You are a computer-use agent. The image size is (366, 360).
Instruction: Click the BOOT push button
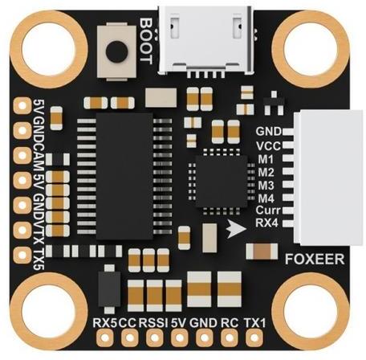click(x=116, y=51)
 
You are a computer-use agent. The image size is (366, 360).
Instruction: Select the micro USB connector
click(x=205, y=40)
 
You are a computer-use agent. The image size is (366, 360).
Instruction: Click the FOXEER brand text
click(x=315, y=259)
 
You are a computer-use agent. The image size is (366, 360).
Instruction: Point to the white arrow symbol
click(x=236, y=228)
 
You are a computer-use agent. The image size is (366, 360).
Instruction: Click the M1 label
click(x=266, y=159)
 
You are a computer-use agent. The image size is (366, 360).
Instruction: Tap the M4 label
click(x=266, y=198)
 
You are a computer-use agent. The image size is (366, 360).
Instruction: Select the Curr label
click(x=268, y=211)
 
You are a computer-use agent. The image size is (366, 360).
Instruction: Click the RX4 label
click(x=267, y=223)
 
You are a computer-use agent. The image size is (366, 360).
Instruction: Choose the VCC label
click(x=268, y=146)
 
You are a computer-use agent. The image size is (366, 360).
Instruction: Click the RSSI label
click(x=153, y=323)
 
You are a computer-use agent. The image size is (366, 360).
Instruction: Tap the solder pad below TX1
click(x=254, y=337)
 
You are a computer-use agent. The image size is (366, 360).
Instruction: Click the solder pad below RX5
click(x=105, y=337)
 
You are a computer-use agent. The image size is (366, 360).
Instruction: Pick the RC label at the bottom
click(x=230, y=323)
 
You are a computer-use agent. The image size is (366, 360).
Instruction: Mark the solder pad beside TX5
click(x=22, y=254)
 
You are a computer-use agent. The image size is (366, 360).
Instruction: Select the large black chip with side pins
click(x=124, y=176)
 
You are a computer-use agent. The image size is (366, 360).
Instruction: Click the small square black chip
click(x=222, y=182)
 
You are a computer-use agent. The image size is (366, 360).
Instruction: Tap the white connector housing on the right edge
click(x=328, y=178)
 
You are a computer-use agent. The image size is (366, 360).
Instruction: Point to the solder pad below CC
click(x=130, y=337)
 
